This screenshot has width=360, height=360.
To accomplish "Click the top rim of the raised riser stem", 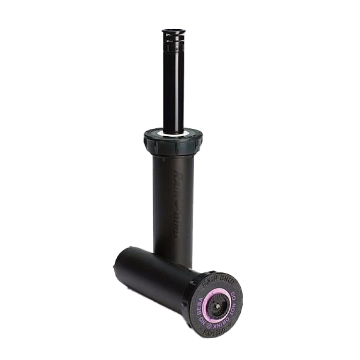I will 174,32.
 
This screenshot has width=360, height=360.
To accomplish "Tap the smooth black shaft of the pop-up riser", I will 174,88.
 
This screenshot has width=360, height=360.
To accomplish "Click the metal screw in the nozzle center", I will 217,306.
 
